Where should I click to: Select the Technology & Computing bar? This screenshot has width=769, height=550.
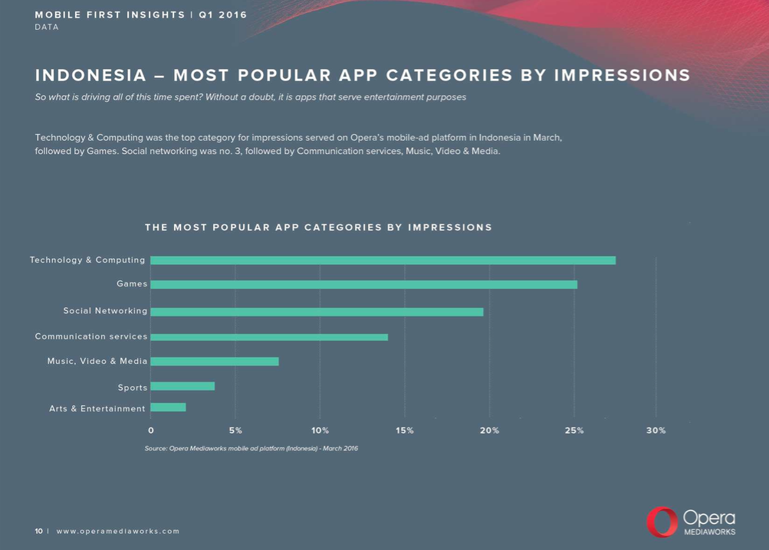(383, 260)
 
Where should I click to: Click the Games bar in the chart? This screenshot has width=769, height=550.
(363, 284)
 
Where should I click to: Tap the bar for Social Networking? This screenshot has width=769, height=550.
(317, 312)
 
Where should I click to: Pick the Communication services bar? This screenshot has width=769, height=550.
(269, 337)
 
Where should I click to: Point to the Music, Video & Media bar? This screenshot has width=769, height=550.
(215, 362)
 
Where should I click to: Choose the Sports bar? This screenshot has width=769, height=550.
(182, 386)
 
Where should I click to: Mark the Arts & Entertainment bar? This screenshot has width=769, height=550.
(168, 408)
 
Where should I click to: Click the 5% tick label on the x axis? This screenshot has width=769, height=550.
(235, 431)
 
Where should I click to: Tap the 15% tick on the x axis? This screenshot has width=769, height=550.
(405, 431)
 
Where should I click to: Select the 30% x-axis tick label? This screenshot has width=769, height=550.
(656, 431)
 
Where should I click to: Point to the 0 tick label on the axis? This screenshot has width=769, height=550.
(151, 431)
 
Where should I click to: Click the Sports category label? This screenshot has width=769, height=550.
(132, 387)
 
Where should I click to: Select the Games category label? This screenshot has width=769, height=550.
(132, 284)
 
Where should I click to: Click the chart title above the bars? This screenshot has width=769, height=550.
(318, 228)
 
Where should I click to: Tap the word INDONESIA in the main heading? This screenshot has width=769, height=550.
(90, 76)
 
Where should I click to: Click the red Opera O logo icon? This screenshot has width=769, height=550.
(662, 522)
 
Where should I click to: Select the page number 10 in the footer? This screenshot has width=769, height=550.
(38, 531)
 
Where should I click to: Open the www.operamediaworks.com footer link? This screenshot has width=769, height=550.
(118, 531)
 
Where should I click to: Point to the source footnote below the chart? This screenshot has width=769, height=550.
(251, 448)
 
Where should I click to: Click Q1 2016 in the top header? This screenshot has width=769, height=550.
(222, 15)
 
